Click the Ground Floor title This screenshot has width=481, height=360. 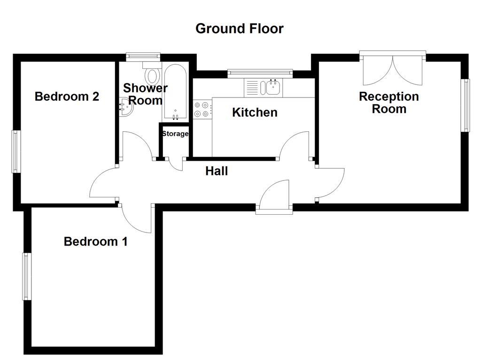point(239,29)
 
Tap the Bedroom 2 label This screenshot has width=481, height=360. point(67,97)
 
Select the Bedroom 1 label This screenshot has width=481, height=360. point(95,242)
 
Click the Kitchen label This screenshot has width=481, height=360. point(255,112)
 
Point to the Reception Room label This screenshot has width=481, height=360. point(388,103)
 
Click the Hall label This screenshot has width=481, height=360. point(217,172)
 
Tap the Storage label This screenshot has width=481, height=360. point(175,134)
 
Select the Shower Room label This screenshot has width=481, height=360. point(145,94)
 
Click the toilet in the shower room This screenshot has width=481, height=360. point(152,75)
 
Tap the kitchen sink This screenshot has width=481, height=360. point(272,87)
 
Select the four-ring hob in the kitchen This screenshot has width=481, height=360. point(202,110)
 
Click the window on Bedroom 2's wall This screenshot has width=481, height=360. point(16,151)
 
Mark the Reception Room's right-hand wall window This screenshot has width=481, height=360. point(465,105)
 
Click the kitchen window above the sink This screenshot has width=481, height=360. point(260,73)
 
